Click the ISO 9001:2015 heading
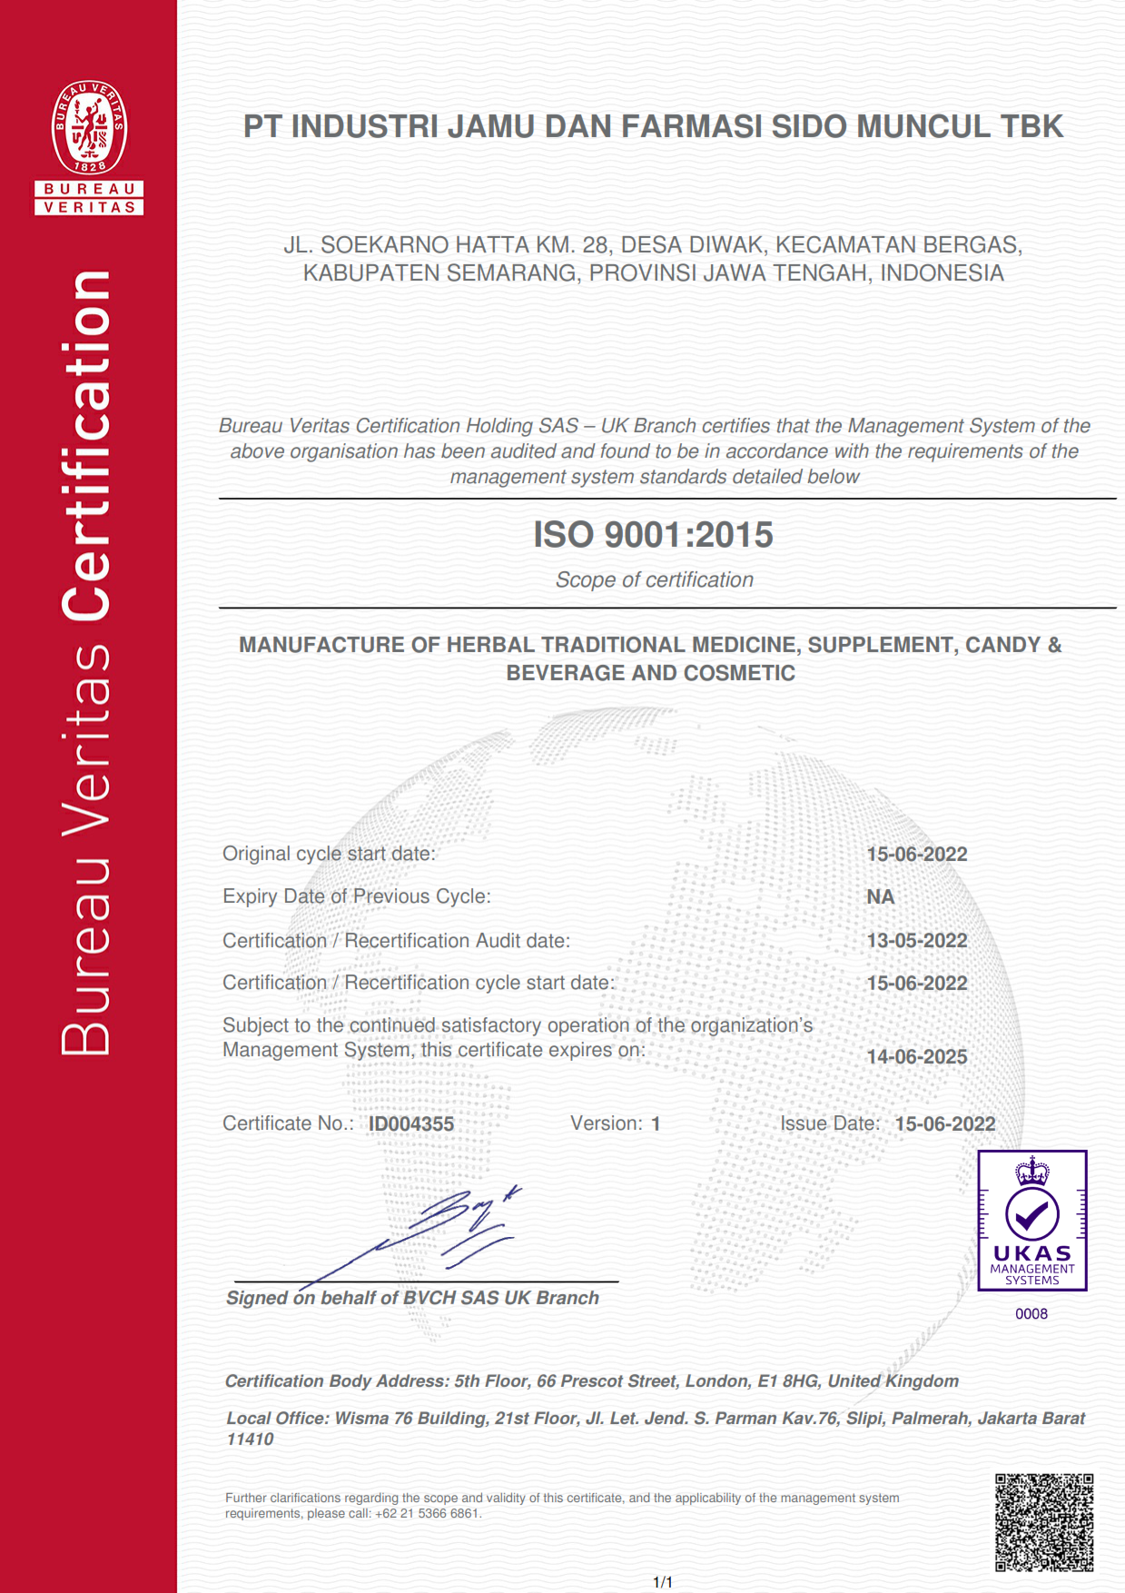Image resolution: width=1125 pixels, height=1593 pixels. coord(653,535)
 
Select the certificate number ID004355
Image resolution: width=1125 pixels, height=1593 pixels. coord(411,1124)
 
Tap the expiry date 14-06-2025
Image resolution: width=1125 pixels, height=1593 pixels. coord(917,1057)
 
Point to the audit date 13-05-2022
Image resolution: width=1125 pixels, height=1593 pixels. coord(917,941)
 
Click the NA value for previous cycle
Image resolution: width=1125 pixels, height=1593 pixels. coord(880,897)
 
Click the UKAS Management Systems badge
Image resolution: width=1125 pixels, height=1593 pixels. coord(1032,1220)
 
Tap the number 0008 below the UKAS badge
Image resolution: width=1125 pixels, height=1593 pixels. coord(1031,1314)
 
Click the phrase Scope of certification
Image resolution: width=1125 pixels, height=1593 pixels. coord(654,580)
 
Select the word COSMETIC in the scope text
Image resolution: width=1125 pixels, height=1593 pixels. coord(741,674)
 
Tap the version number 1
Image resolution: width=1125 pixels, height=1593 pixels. coord(656,1124)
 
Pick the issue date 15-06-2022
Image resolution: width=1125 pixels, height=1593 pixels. coord(945,1124)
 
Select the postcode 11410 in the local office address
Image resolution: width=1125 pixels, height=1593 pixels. coord(250,1440)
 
